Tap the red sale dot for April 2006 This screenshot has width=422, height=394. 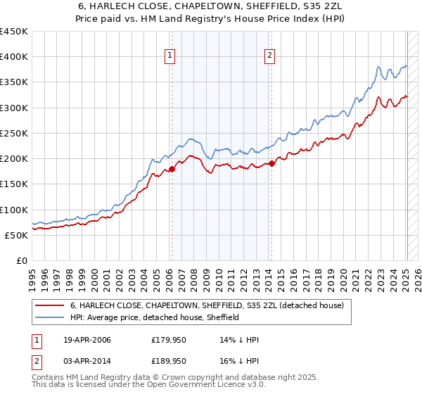(171, 169)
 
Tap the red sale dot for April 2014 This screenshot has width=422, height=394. (271, 164)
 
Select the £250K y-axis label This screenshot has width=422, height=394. (14, 133)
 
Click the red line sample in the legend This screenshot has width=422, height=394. (49, 306)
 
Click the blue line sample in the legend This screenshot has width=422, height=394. (49, 317)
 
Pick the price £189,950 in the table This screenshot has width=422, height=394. (168, 360)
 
